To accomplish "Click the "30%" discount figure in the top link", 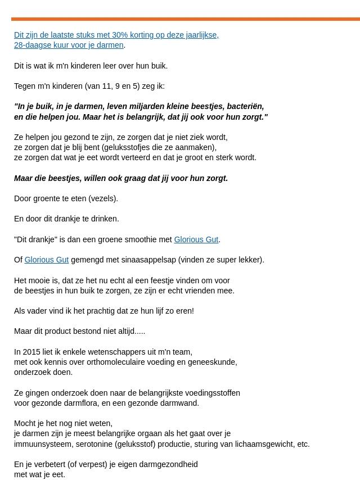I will pyautogui.click(x=119, y=35).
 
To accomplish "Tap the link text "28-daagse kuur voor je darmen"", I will pyautogui.click(x=69, y=45).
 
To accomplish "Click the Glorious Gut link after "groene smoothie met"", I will pyautogui.click(x=196, y=239).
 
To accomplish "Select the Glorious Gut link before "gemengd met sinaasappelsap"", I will pyautogui.click(x=46, y=260).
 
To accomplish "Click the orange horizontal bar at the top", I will pyautogui.click(x=186, y=19).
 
